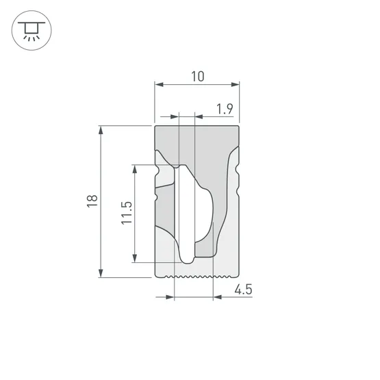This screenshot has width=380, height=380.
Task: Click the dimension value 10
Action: [197, 76]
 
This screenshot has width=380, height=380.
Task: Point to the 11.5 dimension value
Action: [126, 213]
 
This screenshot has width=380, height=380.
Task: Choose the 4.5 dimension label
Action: [243, 289]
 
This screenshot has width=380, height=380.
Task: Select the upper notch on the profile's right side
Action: [238, 166]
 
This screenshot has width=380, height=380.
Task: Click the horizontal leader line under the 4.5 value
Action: [233, 298]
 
